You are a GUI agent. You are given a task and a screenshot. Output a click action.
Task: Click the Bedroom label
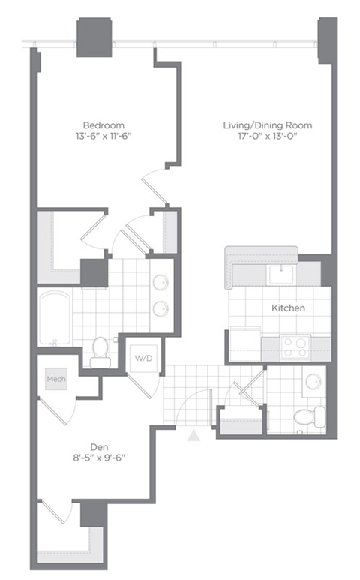tap(103, 125)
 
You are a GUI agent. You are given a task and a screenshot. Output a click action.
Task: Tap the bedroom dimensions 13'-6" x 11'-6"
tap(103, 138)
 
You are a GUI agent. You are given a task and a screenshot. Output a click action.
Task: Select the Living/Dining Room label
tap(267, 125)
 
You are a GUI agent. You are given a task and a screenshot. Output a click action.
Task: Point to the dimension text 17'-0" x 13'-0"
tap(267, 138)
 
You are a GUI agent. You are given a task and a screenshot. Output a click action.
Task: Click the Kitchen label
tap(289, 308)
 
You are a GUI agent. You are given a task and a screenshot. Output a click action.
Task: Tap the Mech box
tap(56, 379)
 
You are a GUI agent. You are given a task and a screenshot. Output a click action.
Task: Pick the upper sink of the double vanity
tap(160, 281)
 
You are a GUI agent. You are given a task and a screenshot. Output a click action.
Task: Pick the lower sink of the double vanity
tap(160, 308)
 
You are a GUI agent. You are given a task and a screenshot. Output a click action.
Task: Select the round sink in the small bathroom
tap(313, 380)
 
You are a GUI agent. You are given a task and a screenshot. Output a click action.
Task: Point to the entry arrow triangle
tap(194, 434)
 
